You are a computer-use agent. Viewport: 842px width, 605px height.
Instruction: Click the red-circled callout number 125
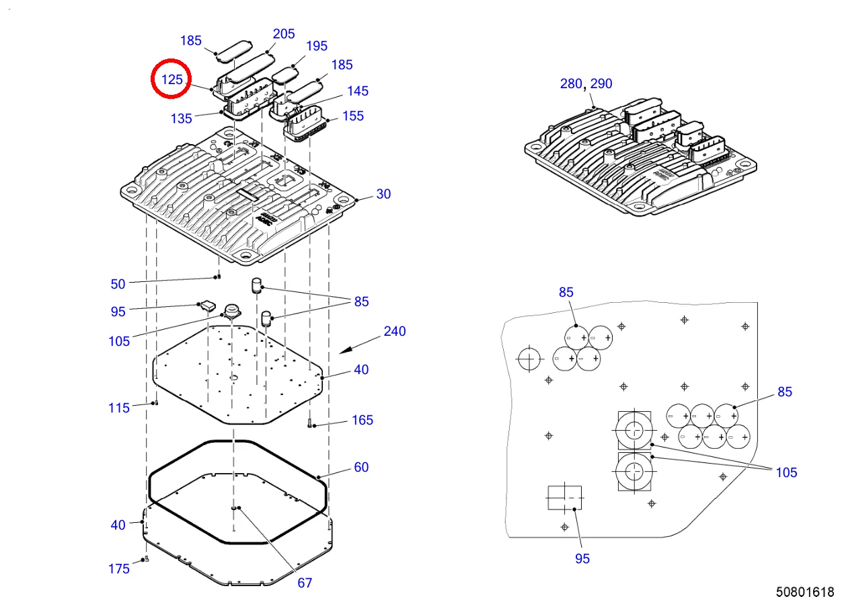click(171, 79)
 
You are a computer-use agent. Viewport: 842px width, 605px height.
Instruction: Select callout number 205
click(284, 34)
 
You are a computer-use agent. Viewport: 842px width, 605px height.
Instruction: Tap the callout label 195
click(317, 46)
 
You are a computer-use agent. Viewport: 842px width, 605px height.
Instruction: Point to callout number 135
click(181, 118)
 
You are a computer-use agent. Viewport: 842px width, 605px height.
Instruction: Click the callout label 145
click(358, 91)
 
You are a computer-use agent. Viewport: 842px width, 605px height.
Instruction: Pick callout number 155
click(353, 116)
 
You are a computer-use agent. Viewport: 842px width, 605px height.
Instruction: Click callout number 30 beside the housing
click(383, 194)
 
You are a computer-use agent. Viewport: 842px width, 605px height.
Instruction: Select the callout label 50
click(118, 284)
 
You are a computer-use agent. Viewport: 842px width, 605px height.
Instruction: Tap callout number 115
click(119, 408)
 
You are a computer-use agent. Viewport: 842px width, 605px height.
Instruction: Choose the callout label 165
click(362, 420)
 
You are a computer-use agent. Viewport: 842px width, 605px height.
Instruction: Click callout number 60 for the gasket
click(361, 467)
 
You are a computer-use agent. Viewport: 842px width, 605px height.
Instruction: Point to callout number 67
click(305, 583)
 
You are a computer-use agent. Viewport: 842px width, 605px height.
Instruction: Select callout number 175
click(119, 569)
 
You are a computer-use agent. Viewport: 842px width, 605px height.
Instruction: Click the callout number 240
click(395, 331)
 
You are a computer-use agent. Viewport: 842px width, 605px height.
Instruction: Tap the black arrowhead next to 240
click(344, 351)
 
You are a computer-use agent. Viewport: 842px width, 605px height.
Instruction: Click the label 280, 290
click(586, 83)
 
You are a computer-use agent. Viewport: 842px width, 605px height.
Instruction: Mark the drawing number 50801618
click(805, 592)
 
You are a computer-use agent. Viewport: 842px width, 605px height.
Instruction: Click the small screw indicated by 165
click(309, 424)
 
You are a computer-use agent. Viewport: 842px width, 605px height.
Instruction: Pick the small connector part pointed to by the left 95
click(208, 306)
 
